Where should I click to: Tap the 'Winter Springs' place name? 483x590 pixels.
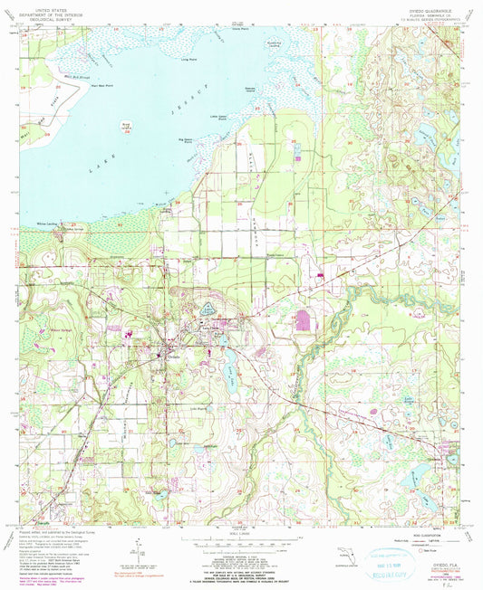[62, 330]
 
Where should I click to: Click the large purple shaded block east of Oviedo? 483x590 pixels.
[303, 320]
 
